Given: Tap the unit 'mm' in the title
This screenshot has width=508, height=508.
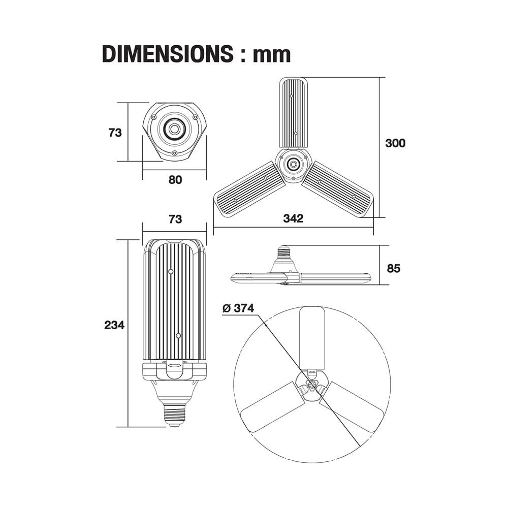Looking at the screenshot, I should pyautogui.click(x=272, y=54).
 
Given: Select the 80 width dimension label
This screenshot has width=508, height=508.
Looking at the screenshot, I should pyautogui.click(x=174, y=180).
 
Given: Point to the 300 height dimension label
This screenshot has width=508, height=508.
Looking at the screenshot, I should pyautogui.click(x=395, y=143).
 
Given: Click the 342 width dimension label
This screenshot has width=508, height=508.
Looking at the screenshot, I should pyautogui.click(x=293, y=218).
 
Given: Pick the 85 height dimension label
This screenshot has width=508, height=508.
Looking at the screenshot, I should pyautogui.click(x=394, y=268).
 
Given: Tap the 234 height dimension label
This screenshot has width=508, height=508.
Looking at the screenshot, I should pyautogui.click(x=114, y=325).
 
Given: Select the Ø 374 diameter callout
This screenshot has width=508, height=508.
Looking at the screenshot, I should pyautogui.click(x=238, y=308).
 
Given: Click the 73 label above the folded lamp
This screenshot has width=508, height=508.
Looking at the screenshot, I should pyautogui.click(x=174, y=219).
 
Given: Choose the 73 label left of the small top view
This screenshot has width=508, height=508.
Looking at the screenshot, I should pyautogui.click(x=115, y=133).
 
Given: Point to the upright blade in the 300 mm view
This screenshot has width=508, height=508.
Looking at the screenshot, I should pyautogui.click(x=294, y=113).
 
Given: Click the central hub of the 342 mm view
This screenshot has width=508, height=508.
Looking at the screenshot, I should pyautogui.click(x=293, y=164).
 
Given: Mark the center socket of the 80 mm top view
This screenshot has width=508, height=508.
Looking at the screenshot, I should pyautogui.click(x=174, y=130).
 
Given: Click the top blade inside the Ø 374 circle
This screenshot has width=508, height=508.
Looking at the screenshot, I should pyautogui.click(x=312, y=337).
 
